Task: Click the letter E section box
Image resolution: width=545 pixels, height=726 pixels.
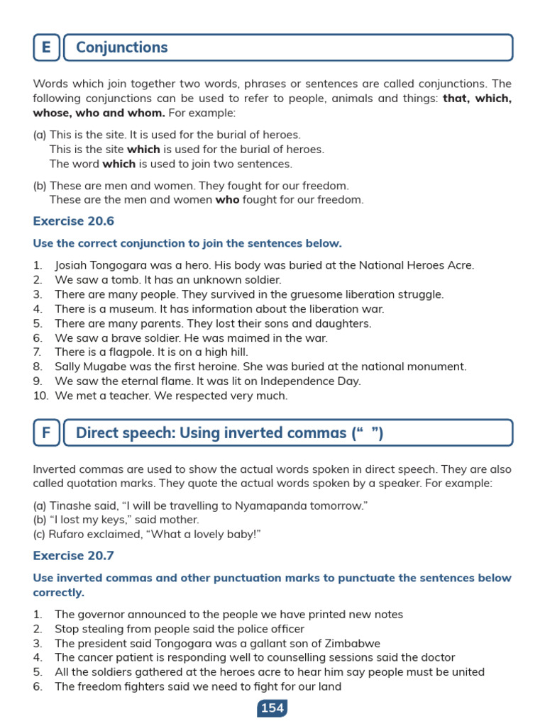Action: [x=46, y=48]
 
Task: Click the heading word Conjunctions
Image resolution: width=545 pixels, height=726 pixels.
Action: [x=121, y=48]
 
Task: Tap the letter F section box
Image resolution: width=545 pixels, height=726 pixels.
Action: [x=46, y=432]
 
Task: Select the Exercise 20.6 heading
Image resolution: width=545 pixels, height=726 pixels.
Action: [x=74, y=221]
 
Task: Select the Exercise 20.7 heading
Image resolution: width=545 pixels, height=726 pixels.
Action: [x=74, y=556]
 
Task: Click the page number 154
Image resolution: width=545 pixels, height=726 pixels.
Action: [x=272, y=708]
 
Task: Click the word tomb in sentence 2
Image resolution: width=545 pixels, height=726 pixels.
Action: [x=126, y=280]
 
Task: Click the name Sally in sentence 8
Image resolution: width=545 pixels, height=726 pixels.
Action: [x=68, y=367]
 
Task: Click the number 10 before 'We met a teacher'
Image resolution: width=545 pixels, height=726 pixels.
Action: [x=39, y=396]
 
